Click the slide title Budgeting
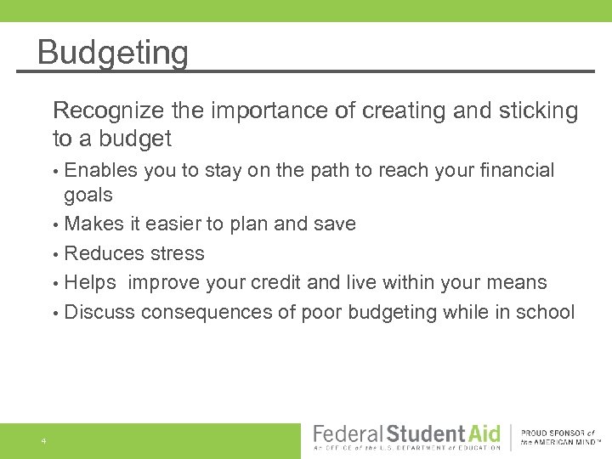112,53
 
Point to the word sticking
535,111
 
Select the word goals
88,195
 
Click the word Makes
91,224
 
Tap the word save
334,224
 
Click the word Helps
90,282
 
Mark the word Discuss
99,312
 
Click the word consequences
207,312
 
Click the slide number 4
42,441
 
